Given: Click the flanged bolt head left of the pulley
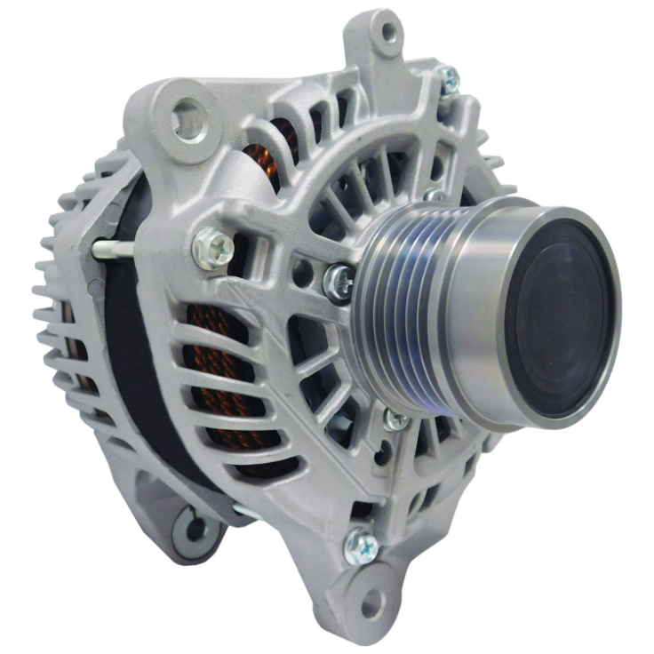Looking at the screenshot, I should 213,246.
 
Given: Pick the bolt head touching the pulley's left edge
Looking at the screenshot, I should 339,283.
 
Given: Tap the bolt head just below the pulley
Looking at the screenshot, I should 396,419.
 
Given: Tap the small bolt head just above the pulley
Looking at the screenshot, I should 435,196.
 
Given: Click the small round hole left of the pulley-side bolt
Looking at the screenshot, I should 304,270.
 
